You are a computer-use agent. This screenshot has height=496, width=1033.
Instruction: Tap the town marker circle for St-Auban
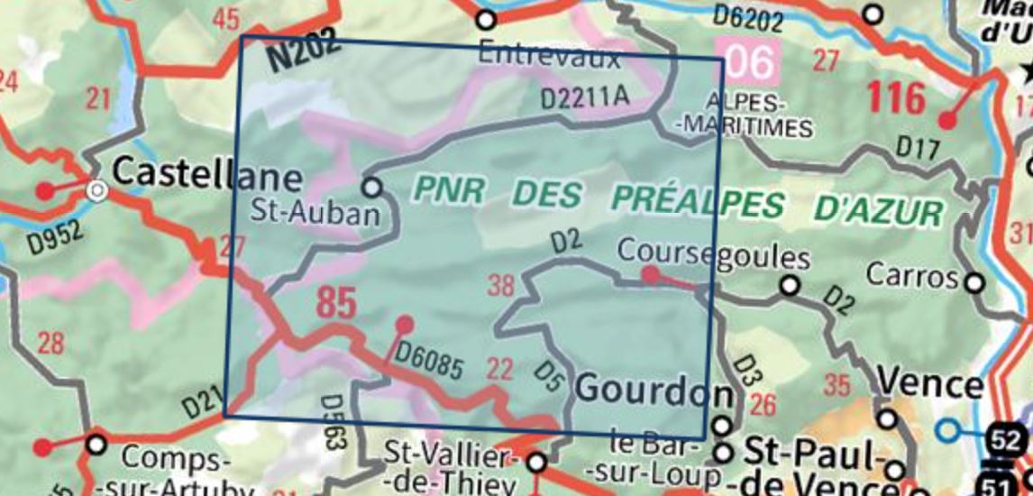pos(371,188)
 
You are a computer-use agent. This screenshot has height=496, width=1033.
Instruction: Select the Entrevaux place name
pos(549,56)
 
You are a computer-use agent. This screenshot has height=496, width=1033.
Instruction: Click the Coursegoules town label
pos(712,257)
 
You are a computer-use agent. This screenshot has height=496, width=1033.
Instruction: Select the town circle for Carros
pos(974,283)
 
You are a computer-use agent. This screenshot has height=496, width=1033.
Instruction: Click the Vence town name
pos(930,385)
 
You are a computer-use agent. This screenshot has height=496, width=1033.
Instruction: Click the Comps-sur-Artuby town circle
pos(97,445)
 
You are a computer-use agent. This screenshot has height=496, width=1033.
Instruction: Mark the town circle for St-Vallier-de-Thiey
pos(536,463)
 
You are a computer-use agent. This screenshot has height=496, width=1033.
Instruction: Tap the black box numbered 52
pos(1009,441)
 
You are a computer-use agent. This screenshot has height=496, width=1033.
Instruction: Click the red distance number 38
pos(500,286)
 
